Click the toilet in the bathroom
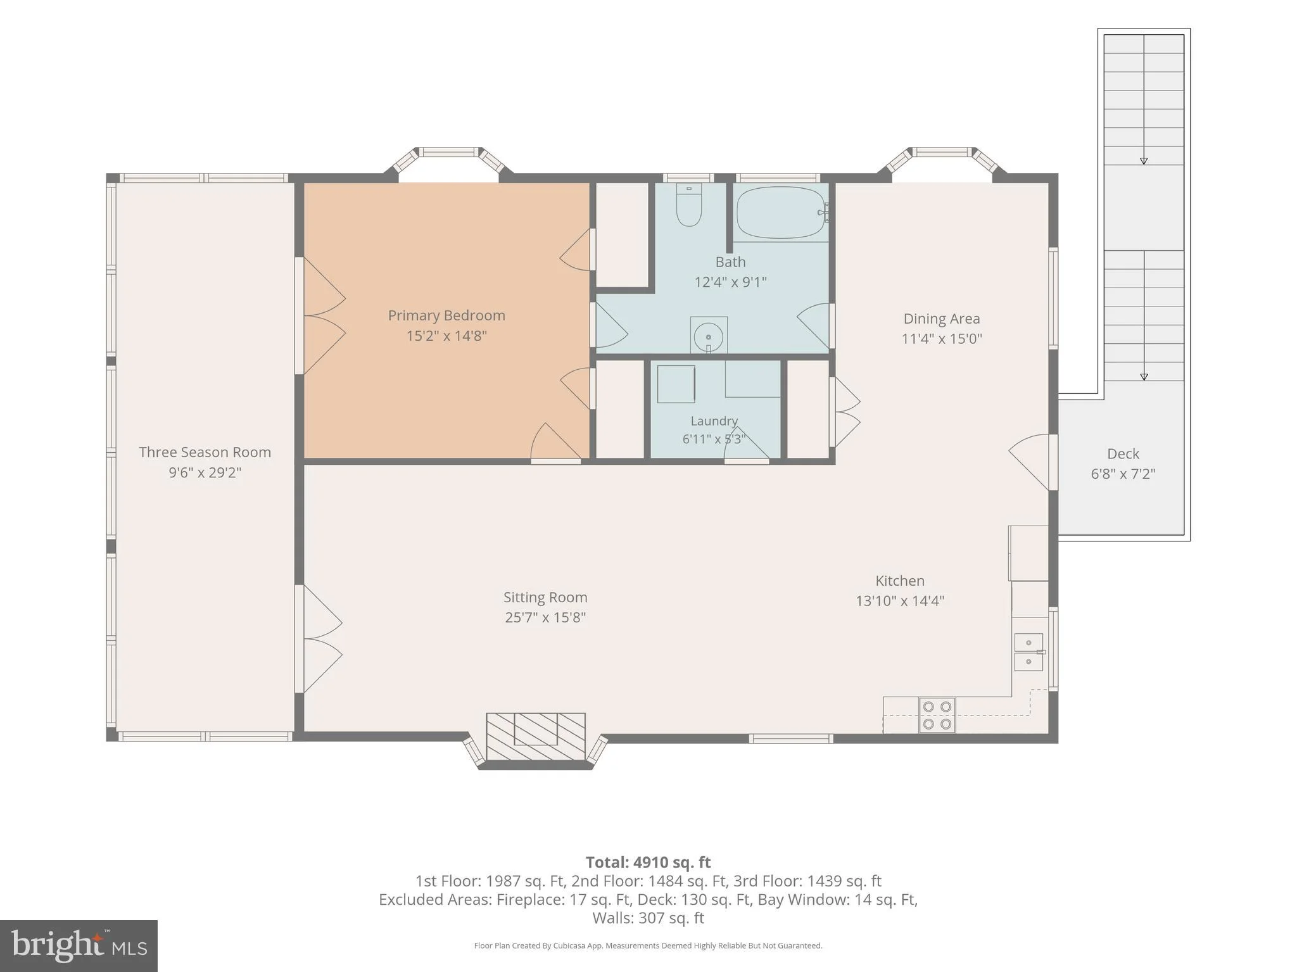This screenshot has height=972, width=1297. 689,205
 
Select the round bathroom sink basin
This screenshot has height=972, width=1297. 709,337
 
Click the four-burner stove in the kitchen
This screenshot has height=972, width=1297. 937,716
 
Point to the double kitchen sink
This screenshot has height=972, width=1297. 1029,652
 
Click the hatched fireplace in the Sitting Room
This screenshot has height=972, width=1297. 536,736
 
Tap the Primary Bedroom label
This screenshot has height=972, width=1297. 446,315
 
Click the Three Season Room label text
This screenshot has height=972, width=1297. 205,452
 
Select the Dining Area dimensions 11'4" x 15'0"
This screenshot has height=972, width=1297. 942,339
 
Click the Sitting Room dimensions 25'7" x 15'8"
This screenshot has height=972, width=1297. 545,617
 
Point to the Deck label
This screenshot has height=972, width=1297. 1123,453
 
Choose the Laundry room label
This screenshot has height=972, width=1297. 714,421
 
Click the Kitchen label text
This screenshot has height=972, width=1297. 900,581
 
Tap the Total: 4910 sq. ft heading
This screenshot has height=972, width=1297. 648,862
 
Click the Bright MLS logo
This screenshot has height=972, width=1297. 79,946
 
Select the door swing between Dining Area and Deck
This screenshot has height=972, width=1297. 1030,462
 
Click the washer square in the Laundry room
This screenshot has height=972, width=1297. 676,384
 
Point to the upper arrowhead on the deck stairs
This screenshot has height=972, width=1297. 1144,161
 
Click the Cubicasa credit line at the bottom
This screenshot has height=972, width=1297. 648,946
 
